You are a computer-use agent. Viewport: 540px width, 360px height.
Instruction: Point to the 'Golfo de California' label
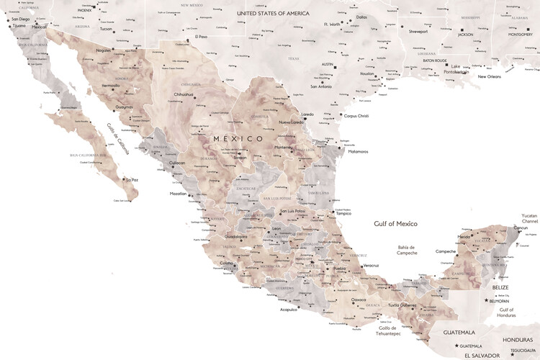point(118,137)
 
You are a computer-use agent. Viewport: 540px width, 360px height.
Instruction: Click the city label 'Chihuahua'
point(184,94)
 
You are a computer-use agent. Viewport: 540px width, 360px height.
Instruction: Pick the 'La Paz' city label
point(131,180)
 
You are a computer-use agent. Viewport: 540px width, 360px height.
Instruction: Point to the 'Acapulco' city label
point(289,310)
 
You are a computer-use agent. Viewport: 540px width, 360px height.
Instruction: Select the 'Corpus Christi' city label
point(356,115)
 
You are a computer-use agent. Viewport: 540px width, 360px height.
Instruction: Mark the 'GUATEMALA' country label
point(459,333)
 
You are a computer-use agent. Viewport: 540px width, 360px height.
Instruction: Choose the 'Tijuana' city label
point(19,25)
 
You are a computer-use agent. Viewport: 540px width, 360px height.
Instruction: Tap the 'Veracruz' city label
point(371,266)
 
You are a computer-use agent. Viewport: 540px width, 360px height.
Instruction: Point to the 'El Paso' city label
point(201,37)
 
